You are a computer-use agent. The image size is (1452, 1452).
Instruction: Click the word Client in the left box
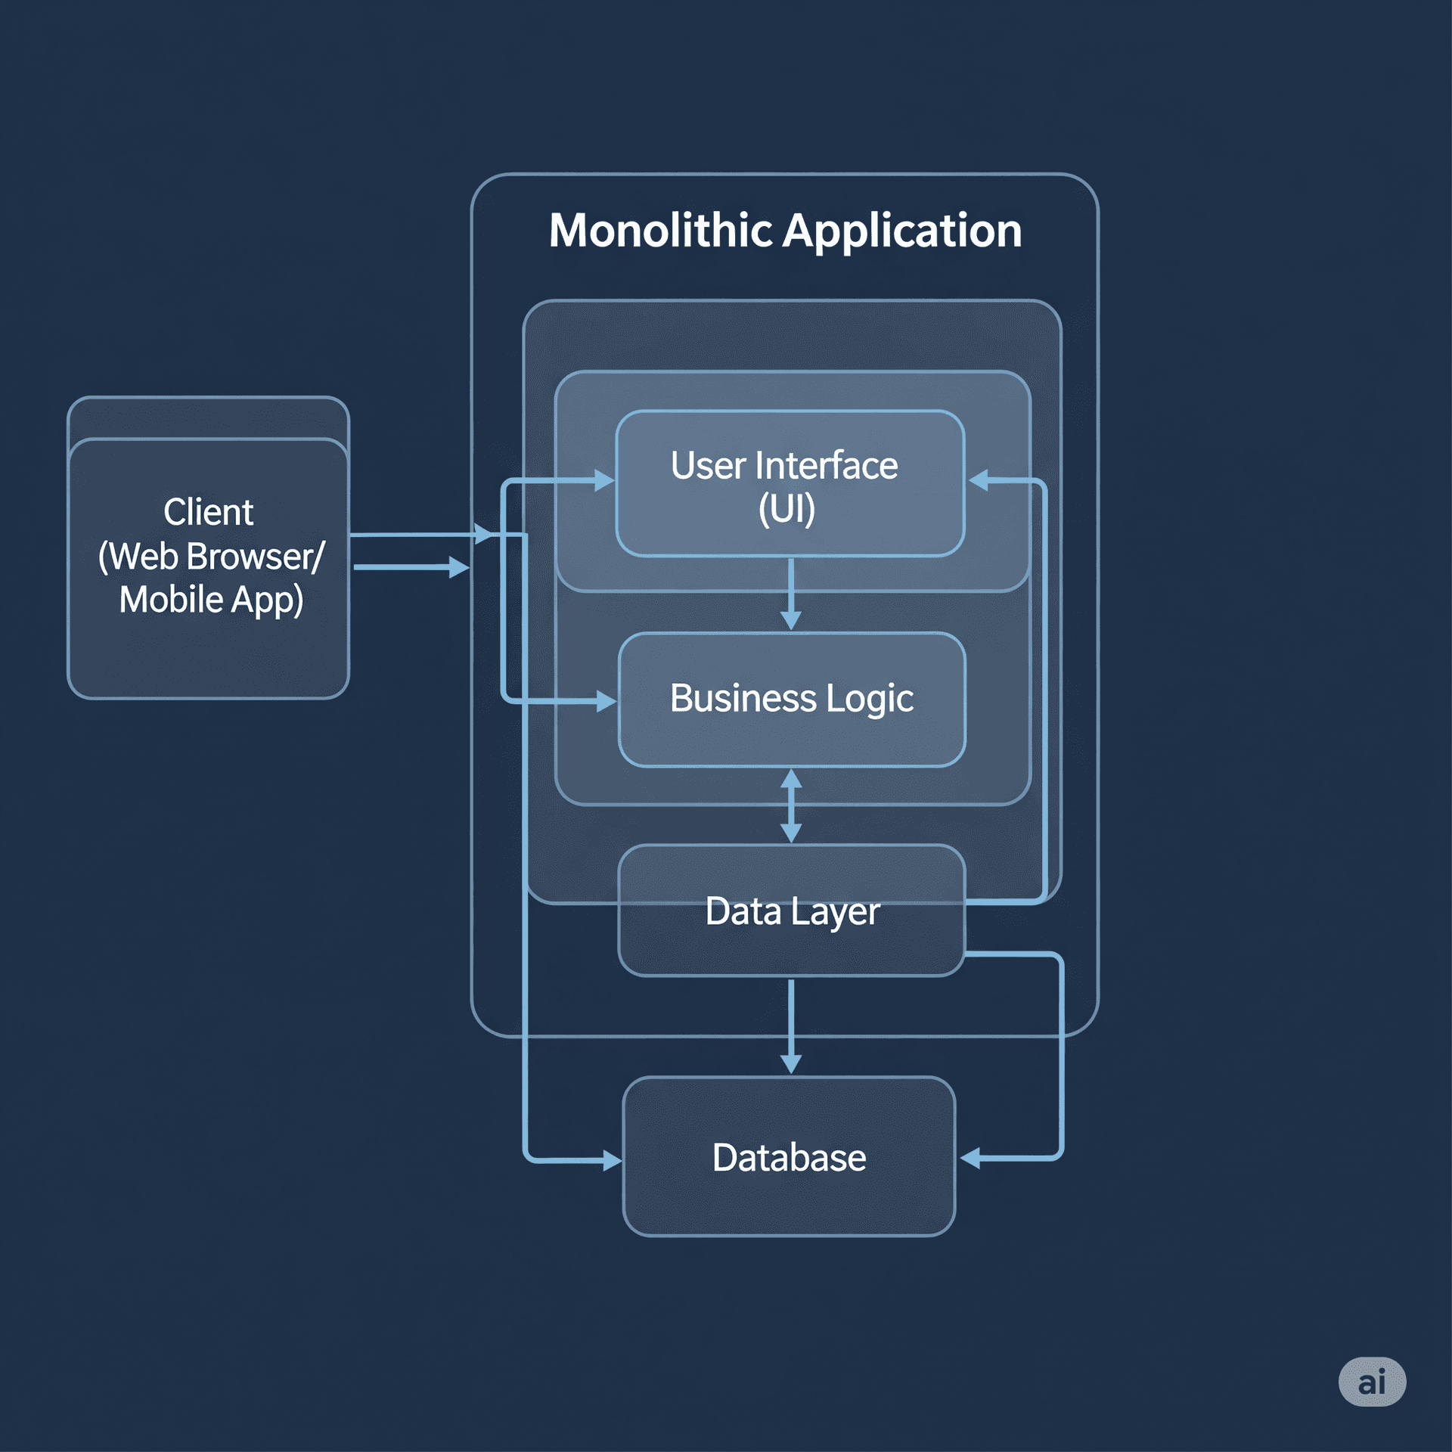point(208,512)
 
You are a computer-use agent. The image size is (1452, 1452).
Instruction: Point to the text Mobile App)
point(211,600)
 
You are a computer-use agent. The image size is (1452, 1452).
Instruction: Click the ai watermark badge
point(1372,1382)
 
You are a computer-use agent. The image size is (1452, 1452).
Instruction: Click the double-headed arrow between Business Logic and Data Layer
point(791,805)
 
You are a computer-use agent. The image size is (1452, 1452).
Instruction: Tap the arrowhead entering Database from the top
point(791,1063)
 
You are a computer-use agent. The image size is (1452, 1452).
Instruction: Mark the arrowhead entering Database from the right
point(971,1158)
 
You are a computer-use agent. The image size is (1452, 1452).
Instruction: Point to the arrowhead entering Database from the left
point(611,1160)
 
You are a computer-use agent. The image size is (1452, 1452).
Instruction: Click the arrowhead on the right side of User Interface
point(979,479)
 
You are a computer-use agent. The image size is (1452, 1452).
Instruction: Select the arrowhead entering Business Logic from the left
point(606,701)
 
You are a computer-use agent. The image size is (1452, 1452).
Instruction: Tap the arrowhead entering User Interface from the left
point(604,480)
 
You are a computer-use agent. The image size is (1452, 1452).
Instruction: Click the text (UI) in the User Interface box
point(786,509)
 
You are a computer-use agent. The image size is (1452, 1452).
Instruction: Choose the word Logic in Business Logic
point(870,699)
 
